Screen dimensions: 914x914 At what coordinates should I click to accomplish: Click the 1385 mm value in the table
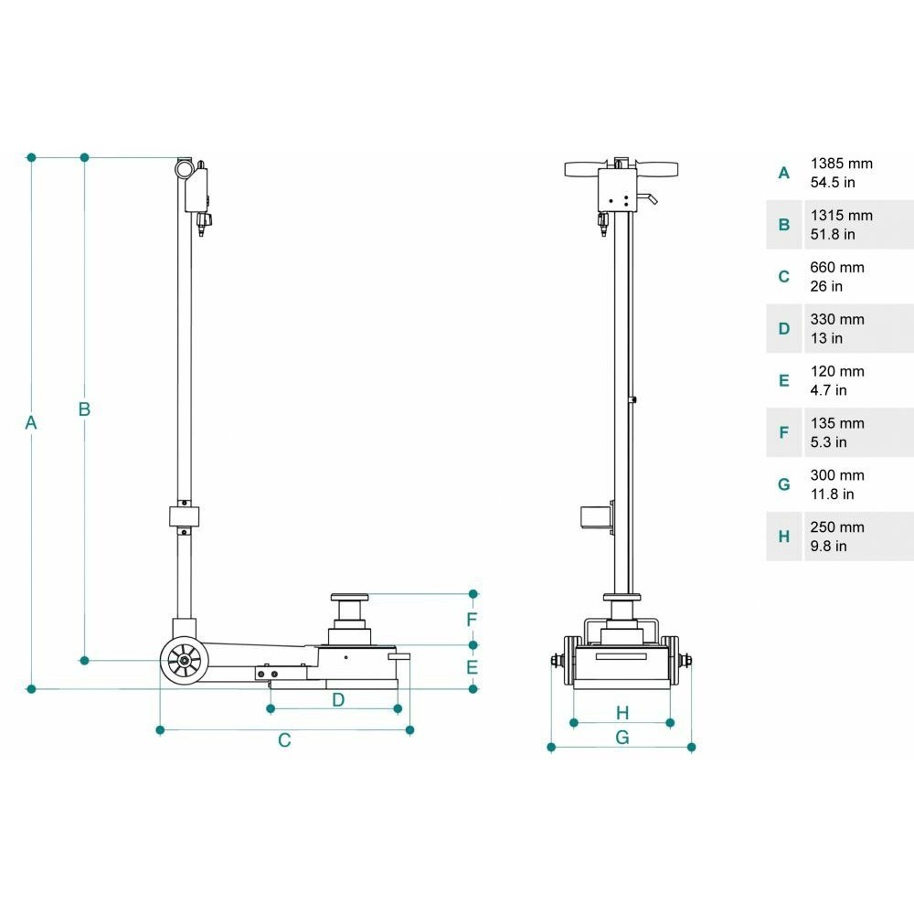coord(841,164)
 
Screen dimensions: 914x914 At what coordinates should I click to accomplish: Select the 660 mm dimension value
coord(837,268)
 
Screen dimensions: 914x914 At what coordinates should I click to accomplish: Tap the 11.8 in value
coord(832,494)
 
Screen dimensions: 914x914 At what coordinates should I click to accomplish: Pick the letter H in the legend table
coord(784,537)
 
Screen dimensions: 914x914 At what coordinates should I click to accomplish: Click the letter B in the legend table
coord(784,225)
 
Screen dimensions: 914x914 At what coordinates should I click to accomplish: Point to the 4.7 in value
coord(828,390)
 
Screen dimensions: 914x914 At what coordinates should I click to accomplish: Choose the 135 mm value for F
coord(837,423)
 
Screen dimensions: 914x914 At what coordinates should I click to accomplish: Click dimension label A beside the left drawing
coord(31,422)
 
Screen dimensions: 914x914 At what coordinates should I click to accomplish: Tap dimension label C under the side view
coord(284,740)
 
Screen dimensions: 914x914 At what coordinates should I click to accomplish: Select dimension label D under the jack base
coord(338,700)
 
